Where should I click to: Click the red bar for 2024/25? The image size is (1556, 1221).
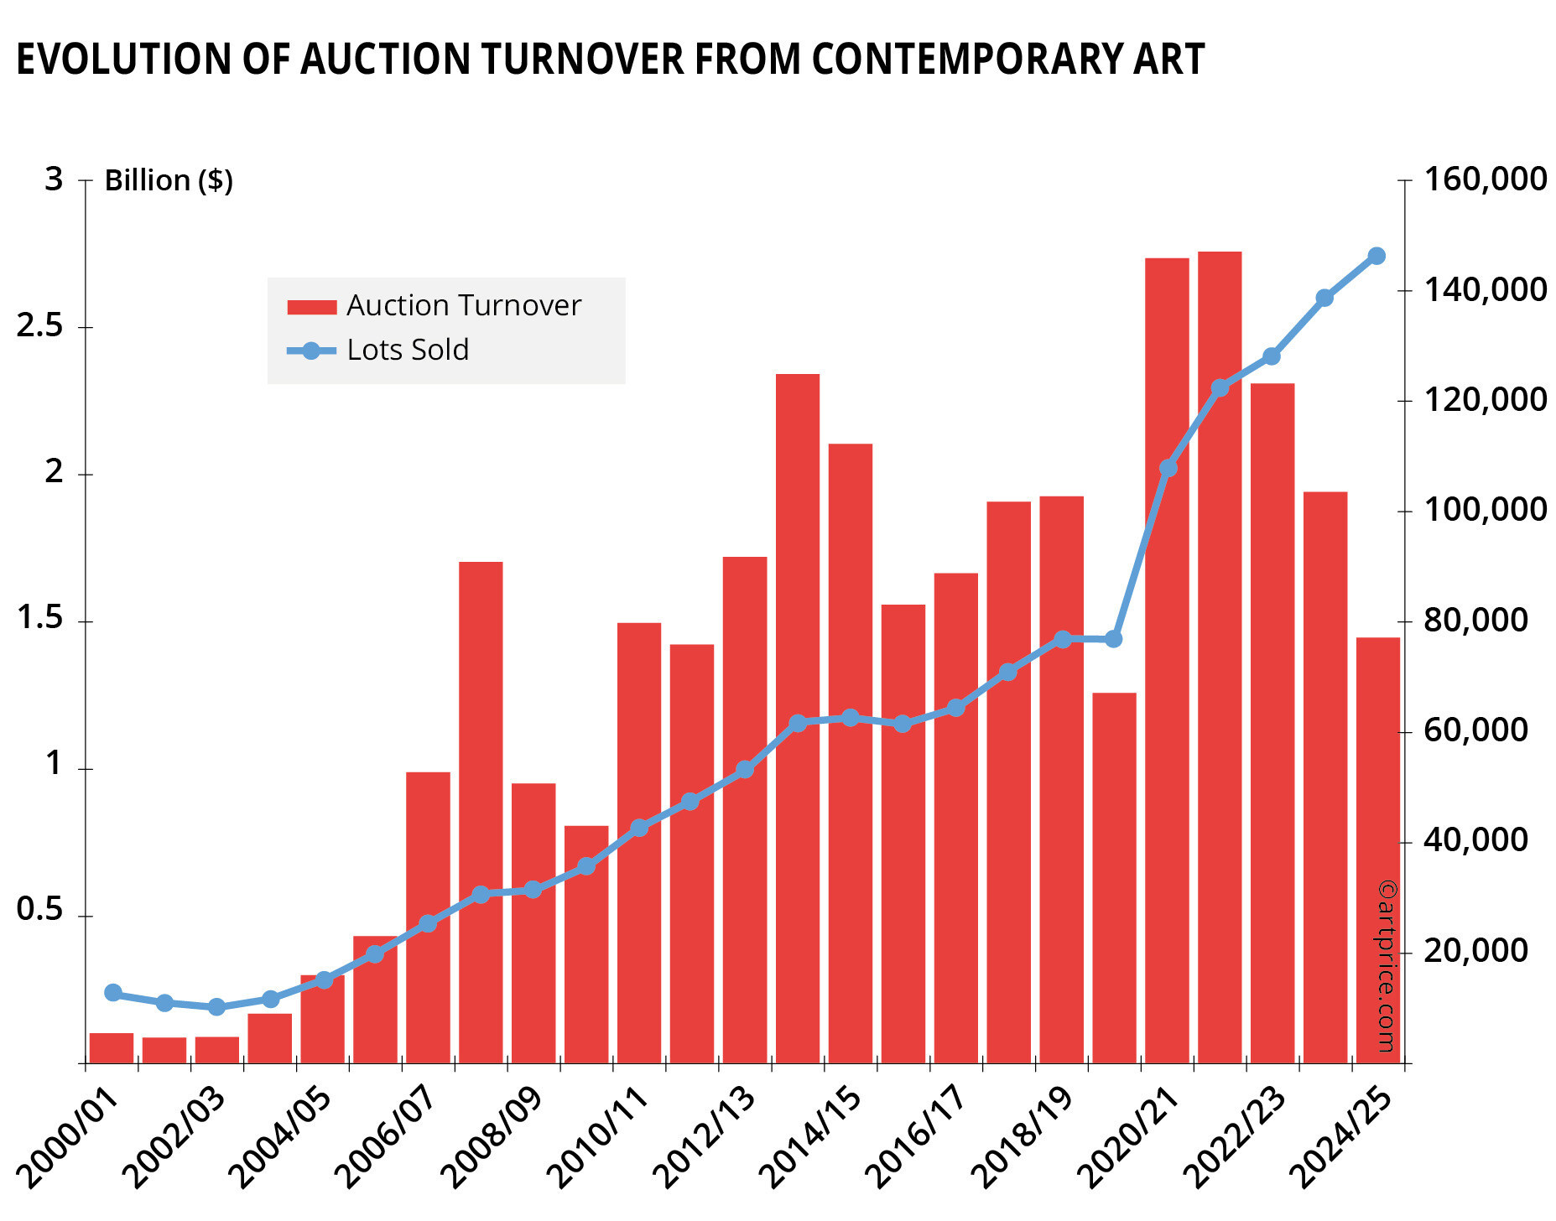(x=1377, y=850)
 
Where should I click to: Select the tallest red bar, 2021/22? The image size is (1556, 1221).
(x=1220, y=657)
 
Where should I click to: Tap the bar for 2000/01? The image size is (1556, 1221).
(x=112, y=1048)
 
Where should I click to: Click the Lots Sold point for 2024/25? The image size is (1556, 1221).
(x=1376, y=256)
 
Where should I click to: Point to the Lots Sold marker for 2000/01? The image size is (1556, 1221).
(x=113, y=993)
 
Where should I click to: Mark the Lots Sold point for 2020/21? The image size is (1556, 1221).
(x=1168, y=468)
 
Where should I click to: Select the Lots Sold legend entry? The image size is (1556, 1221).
(x=408, y=351)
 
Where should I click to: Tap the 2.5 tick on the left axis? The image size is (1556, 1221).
(x=40, y=327)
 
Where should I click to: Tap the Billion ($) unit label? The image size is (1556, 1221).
(x=169, y=181)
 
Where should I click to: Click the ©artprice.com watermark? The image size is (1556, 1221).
(x=1386, y=965)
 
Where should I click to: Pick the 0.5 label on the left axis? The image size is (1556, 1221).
(x=40, y=911)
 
